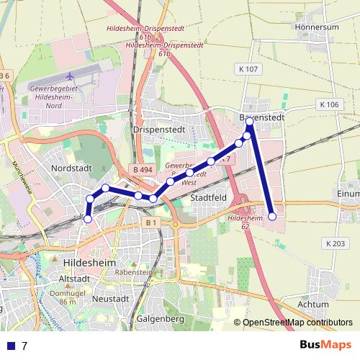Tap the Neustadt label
[x=110, y=298]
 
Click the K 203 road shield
[x=334, y=243]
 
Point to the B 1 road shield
[x=151, y=223]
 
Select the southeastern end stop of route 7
[x=272, y=216]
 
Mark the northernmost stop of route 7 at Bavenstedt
[x=250, y=122]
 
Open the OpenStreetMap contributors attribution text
[x=297, y=323]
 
